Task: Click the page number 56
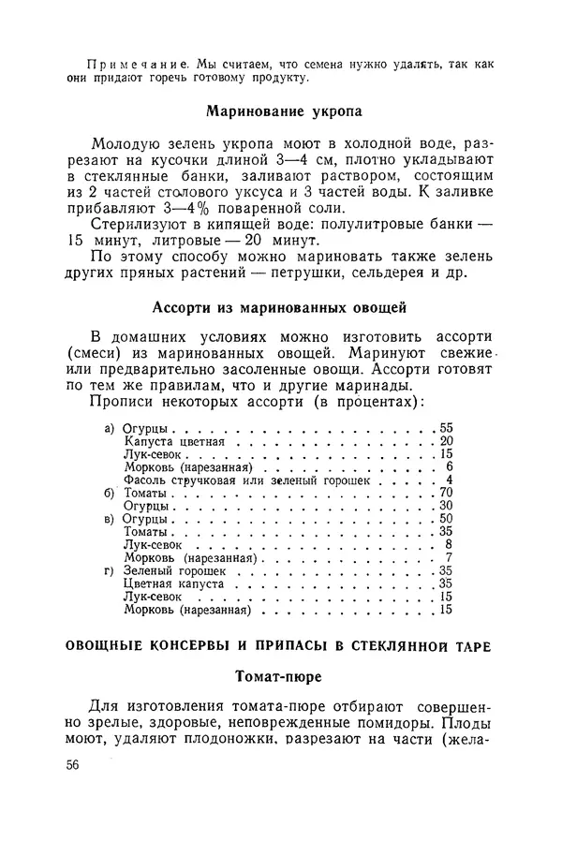[72, 764]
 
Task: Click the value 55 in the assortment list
[447, 428]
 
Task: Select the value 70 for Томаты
[447, 492]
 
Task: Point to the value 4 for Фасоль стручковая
[450, 480]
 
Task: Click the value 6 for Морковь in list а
[450, 466]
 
